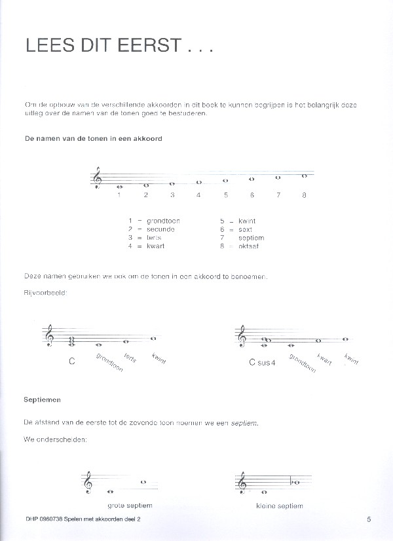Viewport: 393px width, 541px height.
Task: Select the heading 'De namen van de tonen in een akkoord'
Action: pos(93,139)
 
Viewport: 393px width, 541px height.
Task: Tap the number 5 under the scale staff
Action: pos(225,195)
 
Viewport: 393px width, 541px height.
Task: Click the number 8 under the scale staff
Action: pos(304,195)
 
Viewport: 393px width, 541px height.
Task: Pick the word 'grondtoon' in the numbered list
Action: pos(163,221)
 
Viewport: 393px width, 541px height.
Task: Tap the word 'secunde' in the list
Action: pos(160,229)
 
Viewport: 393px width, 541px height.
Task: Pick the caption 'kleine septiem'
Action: pos(280,505)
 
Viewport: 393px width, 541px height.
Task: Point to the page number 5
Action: pos(369,519)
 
